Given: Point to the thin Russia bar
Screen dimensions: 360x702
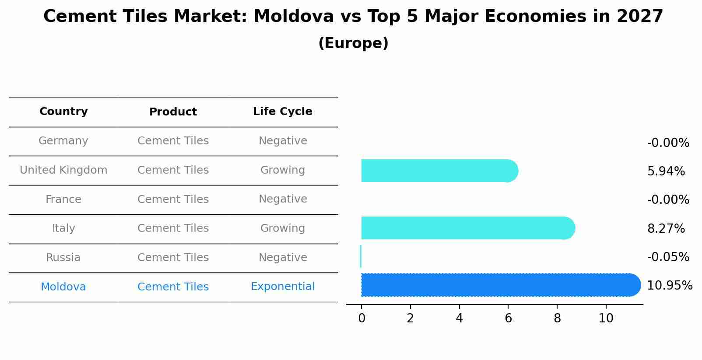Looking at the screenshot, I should click(x=361, y=256).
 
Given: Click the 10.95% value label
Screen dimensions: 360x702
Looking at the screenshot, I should click(x=669, y=286).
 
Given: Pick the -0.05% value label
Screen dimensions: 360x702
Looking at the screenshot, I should click(x=668, y=257).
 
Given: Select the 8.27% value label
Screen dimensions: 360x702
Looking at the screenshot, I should click(x=666, y=229).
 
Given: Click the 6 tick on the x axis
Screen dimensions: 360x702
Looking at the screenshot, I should click(x=508, y=318).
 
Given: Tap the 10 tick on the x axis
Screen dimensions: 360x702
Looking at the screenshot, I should click(x=606, y=318).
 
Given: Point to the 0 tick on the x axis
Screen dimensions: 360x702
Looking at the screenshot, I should click(x=362, y=318).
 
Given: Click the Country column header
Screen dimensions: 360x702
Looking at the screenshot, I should click(x=63, y=112).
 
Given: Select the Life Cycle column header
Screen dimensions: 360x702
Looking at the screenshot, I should click(x=283, y=112).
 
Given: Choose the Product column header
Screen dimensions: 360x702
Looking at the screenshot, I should click(x=173, y=112).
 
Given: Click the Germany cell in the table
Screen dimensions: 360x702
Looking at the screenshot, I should click(x=63, y=141).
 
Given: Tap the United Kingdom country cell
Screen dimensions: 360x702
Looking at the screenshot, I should click(x=63, y=170).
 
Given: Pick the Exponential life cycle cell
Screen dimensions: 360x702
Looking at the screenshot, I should click(x=283, y=287).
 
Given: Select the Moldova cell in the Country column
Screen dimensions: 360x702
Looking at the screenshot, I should click(x=63, y=287).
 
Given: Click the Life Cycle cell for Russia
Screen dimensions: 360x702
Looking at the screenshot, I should click(x=283, y=258).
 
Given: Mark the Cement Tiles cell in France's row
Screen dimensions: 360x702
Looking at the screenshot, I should click(x=173, y=199).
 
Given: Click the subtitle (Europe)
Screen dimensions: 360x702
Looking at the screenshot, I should click(x=353, y=43).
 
